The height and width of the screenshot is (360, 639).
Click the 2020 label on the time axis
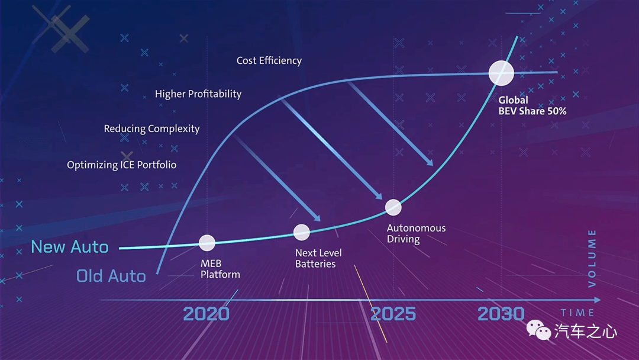(206, 314)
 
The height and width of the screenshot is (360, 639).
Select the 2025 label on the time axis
(393, 314)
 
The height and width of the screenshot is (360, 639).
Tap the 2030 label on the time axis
(501, 314)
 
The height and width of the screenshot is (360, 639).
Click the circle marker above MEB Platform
(207, 243)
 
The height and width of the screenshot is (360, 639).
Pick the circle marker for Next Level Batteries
(302, 232)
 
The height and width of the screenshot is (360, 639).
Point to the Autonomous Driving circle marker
(393, 207)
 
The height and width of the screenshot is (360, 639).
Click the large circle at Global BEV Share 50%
(501, 73)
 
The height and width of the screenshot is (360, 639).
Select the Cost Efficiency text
(269, 61)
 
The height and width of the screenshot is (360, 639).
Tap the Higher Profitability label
(198, 94)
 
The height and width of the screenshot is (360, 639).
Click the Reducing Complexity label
(151, 129)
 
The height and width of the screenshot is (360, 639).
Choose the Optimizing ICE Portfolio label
(121, 165)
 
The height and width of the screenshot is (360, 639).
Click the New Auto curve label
(70, 247)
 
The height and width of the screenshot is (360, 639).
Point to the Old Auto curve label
(111, 277)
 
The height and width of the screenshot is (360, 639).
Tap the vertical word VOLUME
(592, 259)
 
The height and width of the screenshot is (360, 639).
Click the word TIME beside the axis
(577, 313)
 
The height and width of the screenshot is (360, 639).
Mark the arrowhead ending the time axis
(598, 300)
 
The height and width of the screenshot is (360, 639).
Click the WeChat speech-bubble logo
(538, 330)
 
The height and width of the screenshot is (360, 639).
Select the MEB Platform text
(220, 269)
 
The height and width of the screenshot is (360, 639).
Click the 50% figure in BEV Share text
(557, 111)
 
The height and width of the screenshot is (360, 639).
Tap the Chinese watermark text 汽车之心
(586, 332)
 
